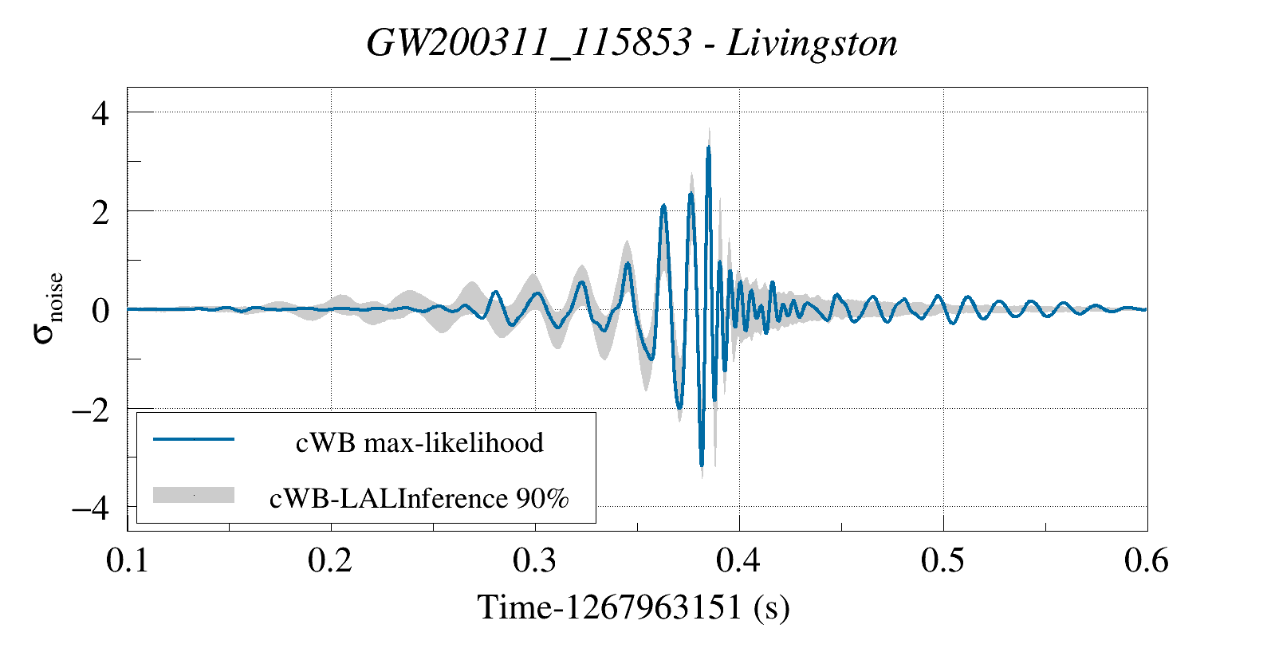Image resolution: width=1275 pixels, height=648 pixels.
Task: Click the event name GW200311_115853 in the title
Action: click(528, 43)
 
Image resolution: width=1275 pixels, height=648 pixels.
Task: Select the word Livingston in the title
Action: click(812, 43)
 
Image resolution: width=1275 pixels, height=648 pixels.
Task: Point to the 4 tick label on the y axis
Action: click(100, 113)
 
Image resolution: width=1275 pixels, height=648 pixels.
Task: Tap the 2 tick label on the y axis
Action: click(100, 212)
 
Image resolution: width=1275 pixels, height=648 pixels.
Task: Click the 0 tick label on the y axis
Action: click(100, 311)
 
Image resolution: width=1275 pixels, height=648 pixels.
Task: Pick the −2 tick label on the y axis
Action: click(90, 410)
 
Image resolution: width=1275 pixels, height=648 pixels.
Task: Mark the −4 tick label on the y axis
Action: click(90, 508)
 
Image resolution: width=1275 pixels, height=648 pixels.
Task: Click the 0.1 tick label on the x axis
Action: click(128, 561)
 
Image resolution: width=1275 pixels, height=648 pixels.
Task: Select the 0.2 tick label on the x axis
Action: click(331, 561)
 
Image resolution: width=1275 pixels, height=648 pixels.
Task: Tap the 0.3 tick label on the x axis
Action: click(535, 561)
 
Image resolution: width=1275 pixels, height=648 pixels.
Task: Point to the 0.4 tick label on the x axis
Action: click(739, 561)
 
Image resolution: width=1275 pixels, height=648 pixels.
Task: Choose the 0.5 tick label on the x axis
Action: click(943, 561)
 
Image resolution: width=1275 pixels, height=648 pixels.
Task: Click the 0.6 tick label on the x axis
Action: click(1147, 561)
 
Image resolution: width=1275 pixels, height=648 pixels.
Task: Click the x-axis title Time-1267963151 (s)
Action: click(633, 607)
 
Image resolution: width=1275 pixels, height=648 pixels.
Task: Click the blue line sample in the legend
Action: click(194, 439)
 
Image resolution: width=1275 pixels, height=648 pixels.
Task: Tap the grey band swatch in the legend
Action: click(194, 495)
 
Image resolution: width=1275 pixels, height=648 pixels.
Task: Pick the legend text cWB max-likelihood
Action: click(419, 442)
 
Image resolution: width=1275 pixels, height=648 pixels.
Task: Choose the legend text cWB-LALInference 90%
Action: click(419, 498)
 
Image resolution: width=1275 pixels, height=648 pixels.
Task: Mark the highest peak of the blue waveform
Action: click(708, 147)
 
